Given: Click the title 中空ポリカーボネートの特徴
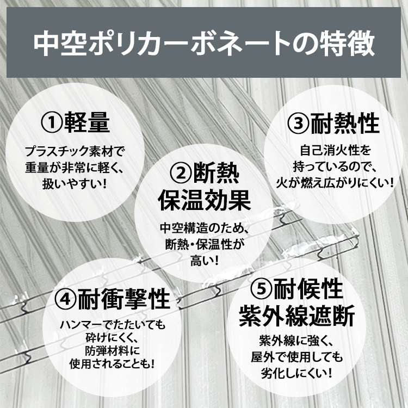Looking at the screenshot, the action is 204,43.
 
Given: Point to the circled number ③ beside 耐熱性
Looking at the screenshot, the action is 299,123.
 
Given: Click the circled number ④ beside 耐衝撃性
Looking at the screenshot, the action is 66,299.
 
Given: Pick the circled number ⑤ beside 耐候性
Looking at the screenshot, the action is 262,289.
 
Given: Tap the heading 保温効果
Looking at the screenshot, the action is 204,200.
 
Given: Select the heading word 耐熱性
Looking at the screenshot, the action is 345,123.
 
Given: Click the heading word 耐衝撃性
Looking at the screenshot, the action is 124,299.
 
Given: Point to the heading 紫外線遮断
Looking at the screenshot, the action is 297,316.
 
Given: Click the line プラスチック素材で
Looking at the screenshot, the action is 75,151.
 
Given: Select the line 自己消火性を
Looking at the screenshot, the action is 336,150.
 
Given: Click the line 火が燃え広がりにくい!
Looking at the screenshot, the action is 335,183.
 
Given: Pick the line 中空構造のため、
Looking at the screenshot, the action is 205,228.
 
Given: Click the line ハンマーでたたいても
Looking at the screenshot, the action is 113,325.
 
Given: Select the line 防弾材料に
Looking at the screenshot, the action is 113,351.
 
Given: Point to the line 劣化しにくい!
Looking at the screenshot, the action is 297,373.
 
